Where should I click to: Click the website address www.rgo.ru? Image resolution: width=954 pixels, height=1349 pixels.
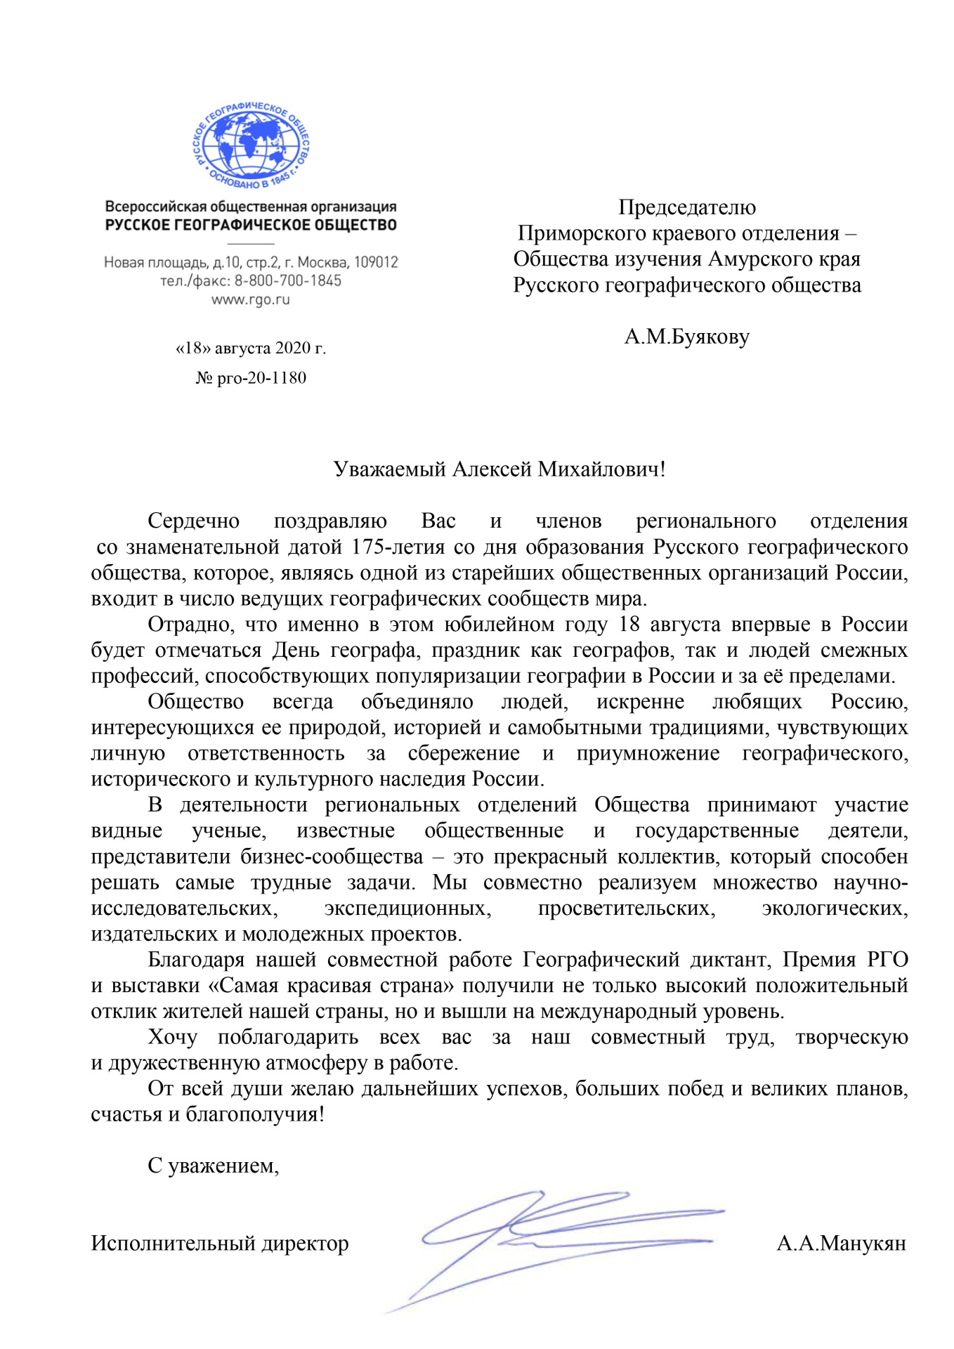tap(251, 300)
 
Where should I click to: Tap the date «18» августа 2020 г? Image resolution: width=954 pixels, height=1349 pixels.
tap(251, 348)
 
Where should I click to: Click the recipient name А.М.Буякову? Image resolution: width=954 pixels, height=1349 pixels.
tap(686, 337)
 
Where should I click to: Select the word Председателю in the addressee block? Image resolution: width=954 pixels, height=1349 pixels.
tap(686, 207)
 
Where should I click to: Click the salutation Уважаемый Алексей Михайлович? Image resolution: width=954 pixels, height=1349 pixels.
tap(499, 469)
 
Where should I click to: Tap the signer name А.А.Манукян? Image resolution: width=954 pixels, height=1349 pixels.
tap(841, 1244)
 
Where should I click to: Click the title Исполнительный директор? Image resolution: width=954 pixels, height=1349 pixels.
tap(220, 1244)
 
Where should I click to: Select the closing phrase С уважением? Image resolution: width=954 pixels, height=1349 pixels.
tap(214, 1166)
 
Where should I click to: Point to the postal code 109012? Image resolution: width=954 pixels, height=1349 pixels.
tap(376, 263)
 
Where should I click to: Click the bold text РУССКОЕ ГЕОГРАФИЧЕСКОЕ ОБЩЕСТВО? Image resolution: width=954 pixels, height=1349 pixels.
tap(251, 226)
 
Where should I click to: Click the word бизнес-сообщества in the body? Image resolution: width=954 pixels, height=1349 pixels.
tap(332, 857)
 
